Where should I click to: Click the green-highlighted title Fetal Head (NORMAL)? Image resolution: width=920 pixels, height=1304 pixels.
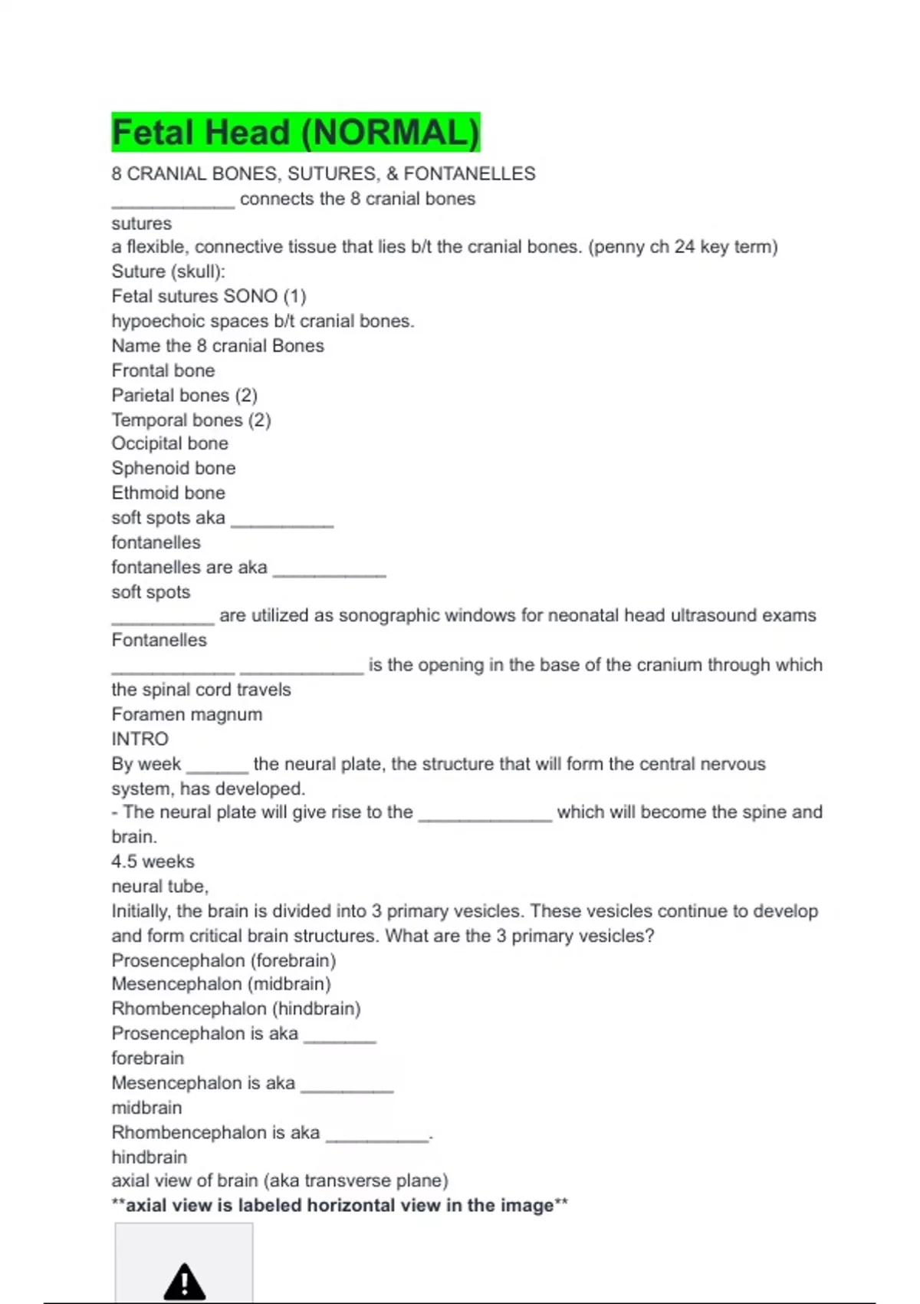click(x=295, y=132)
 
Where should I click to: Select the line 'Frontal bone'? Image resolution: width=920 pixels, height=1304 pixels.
click(x=163, y=370)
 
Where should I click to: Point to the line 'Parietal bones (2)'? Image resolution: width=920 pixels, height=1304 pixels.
click(x=184, y=395)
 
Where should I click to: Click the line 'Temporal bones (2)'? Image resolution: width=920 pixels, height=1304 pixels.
click(x=191, y=420)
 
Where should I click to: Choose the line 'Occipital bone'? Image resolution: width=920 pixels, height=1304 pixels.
click(x=169, y=443)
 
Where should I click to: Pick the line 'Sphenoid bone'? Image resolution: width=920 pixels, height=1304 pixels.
click(x=173, y=468)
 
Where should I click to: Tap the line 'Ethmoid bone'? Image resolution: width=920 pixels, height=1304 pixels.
click(x=168, y=492)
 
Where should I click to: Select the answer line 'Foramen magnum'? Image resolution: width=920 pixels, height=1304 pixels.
click(x=186, y=714)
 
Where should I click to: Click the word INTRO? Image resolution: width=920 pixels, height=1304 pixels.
click(x=140, y=739)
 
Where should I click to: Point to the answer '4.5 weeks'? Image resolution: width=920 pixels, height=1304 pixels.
click(x=153, y=861)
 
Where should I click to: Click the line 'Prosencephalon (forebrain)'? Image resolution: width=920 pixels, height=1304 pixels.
click(x=223, y=960)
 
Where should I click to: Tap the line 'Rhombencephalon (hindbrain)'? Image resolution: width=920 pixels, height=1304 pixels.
click(x=235, y=1009)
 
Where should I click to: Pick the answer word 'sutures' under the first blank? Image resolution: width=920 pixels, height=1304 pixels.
click(x=141, y=224)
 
